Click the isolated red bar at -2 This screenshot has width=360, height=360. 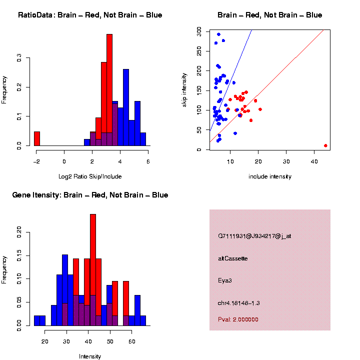pos(36,138)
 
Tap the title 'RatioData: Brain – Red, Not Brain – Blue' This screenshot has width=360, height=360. pos(90,15)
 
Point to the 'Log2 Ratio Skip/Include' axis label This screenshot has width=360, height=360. pos(90,176)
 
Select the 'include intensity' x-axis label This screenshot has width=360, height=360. pos(269,176)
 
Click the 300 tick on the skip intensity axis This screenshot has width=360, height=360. pos(199,31)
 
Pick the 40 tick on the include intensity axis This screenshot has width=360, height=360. pos(314,161)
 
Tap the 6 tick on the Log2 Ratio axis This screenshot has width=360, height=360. pos(148,161)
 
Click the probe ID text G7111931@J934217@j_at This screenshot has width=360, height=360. pos(254,236)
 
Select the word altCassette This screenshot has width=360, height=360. pos(232,258)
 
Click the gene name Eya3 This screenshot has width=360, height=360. pos(225,280)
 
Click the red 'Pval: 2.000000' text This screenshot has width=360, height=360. pos(238,319)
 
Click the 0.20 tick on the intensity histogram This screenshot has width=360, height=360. pos(19,231)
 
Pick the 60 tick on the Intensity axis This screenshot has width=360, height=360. pos(131,341)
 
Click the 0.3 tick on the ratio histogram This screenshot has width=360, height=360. pos(19,58)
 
